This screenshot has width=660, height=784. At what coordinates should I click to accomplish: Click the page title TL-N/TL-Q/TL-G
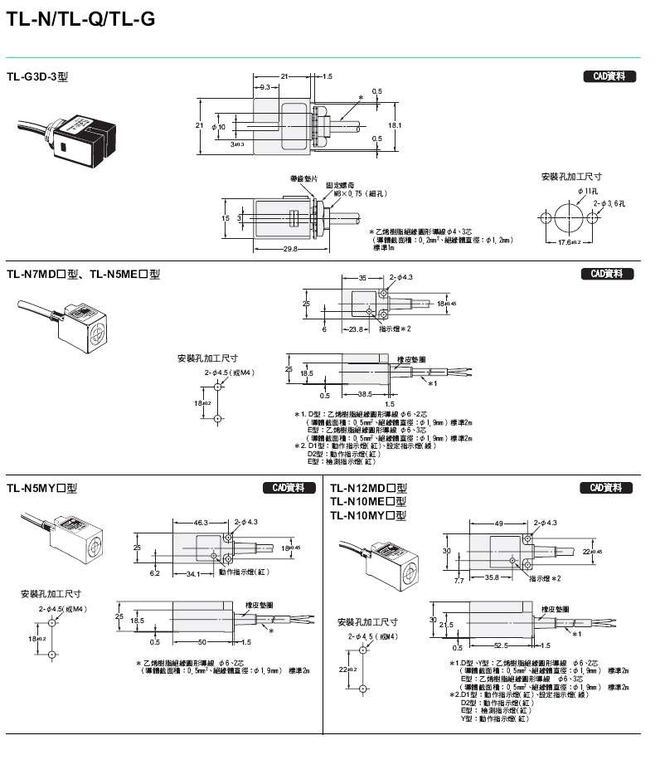[x=80, y=21]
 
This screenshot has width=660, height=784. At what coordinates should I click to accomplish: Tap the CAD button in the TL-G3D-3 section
[x=609, y=76]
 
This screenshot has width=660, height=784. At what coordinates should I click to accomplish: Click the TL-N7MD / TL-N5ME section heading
[x=83, y=274]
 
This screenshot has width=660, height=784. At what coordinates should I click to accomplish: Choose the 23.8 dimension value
[x=357, y=329]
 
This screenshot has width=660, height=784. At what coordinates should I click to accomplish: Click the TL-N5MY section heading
[x=41, y=488]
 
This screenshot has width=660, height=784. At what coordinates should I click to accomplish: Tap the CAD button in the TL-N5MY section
[x=288, y=488]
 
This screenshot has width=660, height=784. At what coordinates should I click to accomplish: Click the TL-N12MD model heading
[x=368, y=488]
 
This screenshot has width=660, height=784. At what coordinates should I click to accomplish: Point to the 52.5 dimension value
[x=498, y=645]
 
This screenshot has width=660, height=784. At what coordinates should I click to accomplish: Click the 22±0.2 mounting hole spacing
[x=345, y=669]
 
